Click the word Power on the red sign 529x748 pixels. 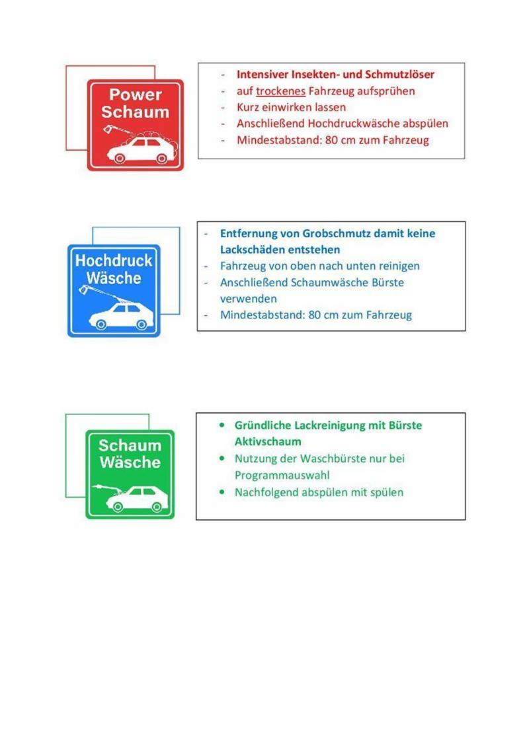pyautogui.click(x=136, y=95)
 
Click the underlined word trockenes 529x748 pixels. pyautogui.click(x=280, y=91)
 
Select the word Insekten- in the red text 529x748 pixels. pyautogui.click(x=315, y=75)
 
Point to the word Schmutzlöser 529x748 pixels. pyautogui.click(x=401, y=75)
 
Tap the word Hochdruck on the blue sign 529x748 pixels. pyautogui.click(x=114, y=260)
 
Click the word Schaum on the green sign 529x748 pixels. pyautogui.click(x=130, y=445)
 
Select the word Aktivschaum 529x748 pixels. pyautogui.click(x=268, y=441)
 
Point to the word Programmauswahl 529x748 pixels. pyautogui.click(x=282, y=475)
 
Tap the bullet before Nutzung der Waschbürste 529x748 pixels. pyautogui.click(x=222, y=458)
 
